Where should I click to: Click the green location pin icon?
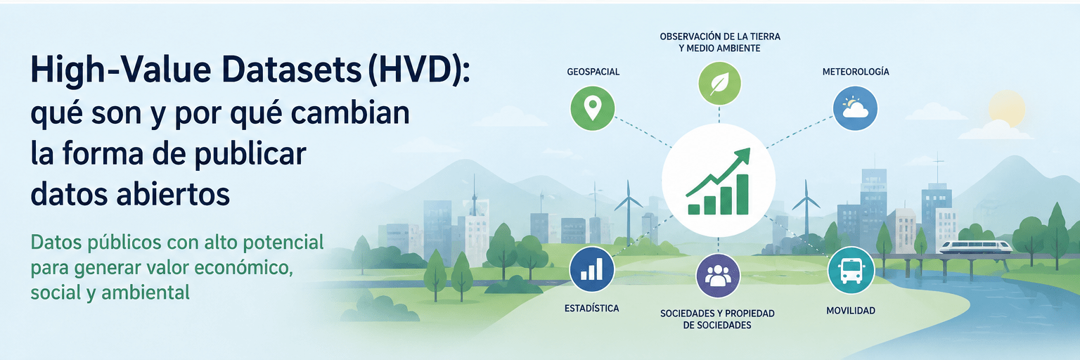pyautogui.click(x=593, y=108)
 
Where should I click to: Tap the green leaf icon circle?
pyautogui.click(x=719, y=84)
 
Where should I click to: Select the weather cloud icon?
pyautogui.click(x=855, y=108)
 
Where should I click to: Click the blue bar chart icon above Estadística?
pyautogui.click(x=591, y=269)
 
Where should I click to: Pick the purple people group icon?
pyautogui.click(x=718, y=276)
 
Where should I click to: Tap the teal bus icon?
pyautogui.click(x=851, y=271)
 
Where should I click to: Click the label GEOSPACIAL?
pyautogui.click(x=593, y=72)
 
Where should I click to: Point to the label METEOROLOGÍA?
pyautogui.click(x=856, y=72)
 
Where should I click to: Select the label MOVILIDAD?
pyautogui.click(x=851, y=311)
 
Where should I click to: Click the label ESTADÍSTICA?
pyautogui.click(x=591, y=309)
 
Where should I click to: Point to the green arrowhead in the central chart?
pyautogui.click(x=742, y=156)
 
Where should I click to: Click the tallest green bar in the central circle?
pyautogui.click(x=742, y=194)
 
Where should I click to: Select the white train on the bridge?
pyautogui.click(x=975, y=247)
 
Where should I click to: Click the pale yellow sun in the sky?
pyautogui.click(x=1007, y=108)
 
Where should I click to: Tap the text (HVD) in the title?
pyautogui.click(x=418, y=70)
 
